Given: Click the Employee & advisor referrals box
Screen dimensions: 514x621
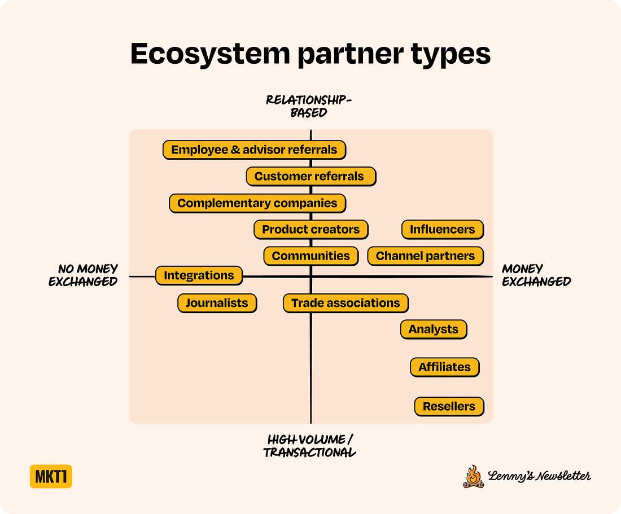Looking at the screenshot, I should coord(254,150).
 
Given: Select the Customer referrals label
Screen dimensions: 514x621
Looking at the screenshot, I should coord(310,176).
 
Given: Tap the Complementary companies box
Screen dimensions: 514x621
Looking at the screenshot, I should coord(257,203).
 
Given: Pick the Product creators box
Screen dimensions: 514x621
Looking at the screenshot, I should coord(310,230).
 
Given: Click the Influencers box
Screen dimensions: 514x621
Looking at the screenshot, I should coord(443,230).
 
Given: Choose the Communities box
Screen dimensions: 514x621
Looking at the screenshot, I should coord(310,256).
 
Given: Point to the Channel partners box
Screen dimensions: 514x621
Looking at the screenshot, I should coord(425,256).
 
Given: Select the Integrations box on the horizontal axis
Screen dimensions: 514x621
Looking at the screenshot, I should coord(199,276).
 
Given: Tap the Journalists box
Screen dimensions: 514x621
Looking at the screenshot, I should coord(217,303).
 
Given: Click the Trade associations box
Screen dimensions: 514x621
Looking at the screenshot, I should coord(346,303).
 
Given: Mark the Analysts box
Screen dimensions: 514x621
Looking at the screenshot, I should coord(434,330).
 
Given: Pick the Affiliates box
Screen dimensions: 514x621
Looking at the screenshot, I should coord(444,367).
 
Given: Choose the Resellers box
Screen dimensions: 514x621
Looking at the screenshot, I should coord(449,406).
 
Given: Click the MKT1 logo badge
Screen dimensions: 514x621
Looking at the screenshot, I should coord(51,477).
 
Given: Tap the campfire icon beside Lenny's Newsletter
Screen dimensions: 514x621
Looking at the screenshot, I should coord(473,477).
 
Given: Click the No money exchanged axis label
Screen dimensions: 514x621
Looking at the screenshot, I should coord(84,275).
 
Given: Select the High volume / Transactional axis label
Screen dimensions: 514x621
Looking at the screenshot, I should coord(310,446).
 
